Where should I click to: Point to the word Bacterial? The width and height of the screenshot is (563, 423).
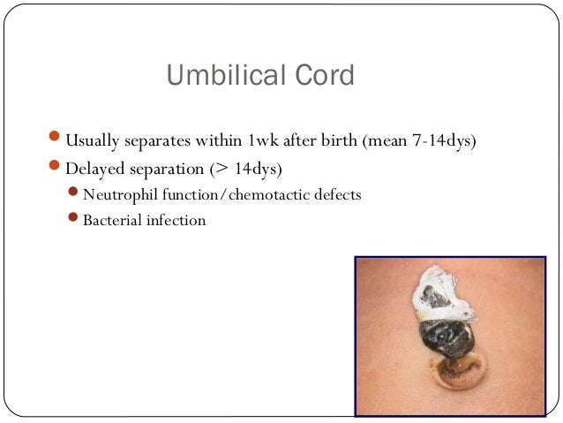(x=109, y=220)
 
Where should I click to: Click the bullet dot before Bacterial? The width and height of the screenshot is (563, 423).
(x=75, y=220)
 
